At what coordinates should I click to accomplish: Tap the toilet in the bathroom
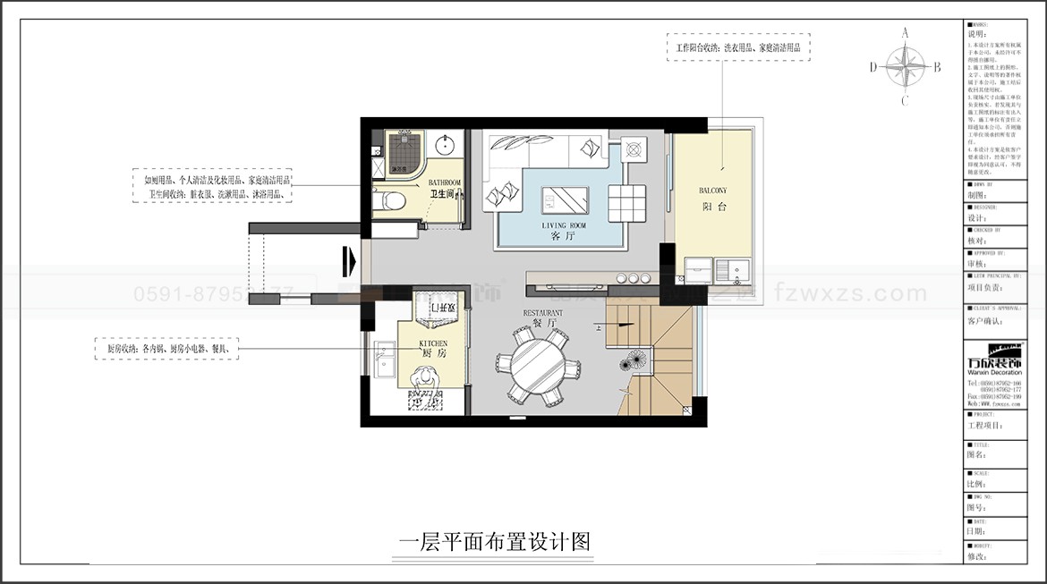[x=392, y=201]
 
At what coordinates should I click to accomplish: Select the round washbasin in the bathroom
[x=445, y=144]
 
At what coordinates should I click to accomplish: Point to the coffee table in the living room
[x=565, y=199]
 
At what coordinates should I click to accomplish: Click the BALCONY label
[x=712, y=190]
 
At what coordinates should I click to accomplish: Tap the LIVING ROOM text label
[x=564, y=225]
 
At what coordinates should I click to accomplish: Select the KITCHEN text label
[x=433, y=343]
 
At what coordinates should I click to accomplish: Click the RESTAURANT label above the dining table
[x=543, y=313]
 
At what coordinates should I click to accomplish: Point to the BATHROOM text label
[x=445, y=182]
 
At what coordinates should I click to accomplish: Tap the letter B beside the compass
[x=937, y=66]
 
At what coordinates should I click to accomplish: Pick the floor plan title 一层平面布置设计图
[x=493, y=542]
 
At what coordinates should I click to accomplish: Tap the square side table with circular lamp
[x=634, y=148]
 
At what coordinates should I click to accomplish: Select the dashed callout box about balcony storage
[x=737, y=47]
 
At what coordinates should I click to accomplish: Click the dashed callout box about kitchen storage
[x=166, y=349]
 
